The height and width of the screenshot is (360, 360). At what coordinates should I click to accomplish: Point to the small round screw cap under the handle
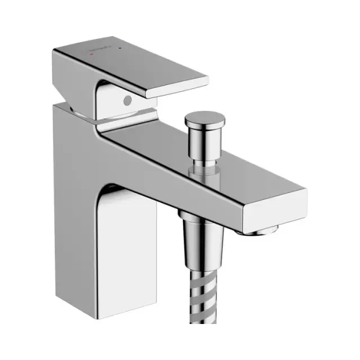(127, 100)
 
